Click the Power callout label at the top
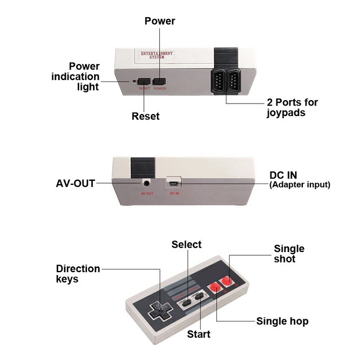click(160, 21)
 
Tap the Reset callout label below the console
click(145, 116)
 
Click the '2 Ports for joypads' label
click(292, 108)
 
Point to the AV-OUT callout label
click(75, 183)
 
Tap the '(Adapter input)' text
click(300, 185)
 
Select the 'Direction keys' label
click(78, 274)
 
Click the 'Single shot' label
click(289, 253)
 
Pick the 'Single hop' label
click(282, 322)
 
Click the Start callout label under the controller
click(198, 334)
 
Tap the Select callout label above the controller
click(187, 244)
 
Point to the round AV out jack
click(146, 182)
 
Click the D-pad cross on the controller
click(157, 312)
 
